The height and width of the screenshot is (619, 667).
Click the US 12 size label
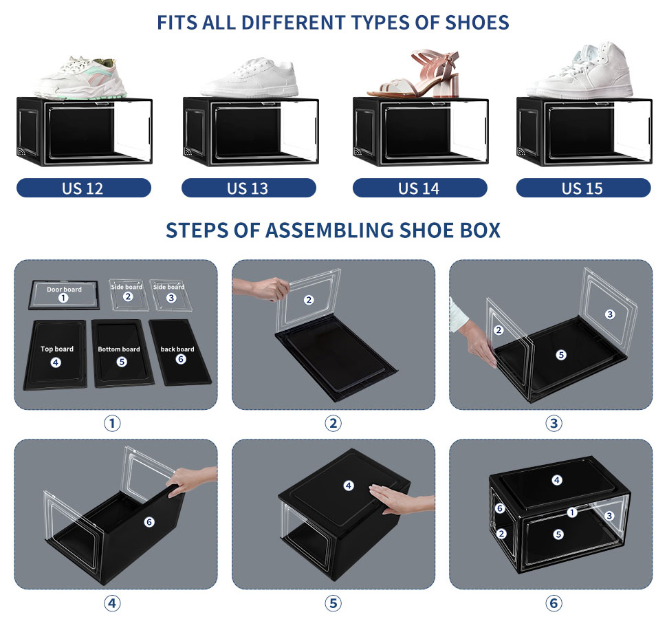coord(83,188)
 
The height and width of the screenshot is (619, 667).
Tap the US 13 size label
coord(248,188)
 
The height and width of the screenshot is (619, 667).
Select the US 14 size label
coord(419,188)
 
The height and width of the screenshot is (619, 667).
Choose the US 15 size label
coord(583,188)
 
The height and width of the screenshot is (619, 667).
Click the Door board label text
coord(64,290)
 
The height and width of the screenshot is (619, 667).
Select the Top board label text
coord(57,349)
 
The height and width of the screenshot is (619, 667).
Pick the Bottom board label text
coord(119,349)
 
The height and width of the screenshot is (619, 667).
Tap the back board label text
coord(177,349)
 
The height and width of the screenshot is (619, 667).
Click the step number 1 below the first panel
coord(112,423)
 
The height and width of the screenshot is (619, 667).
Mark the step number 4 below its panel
coord(112,602)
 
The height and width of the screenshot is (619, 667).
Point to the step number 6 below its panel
coord(554,602)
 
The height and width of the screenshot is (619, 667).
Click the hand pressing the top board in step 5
coord(400,499)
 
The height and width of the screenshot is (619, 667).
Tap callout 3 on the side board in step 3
coord(610,314)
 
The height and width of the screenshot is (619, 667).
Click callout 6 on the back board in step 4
coord(149,522)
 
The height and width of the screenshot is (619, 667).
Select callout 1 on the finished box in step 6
coord(572,512)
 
